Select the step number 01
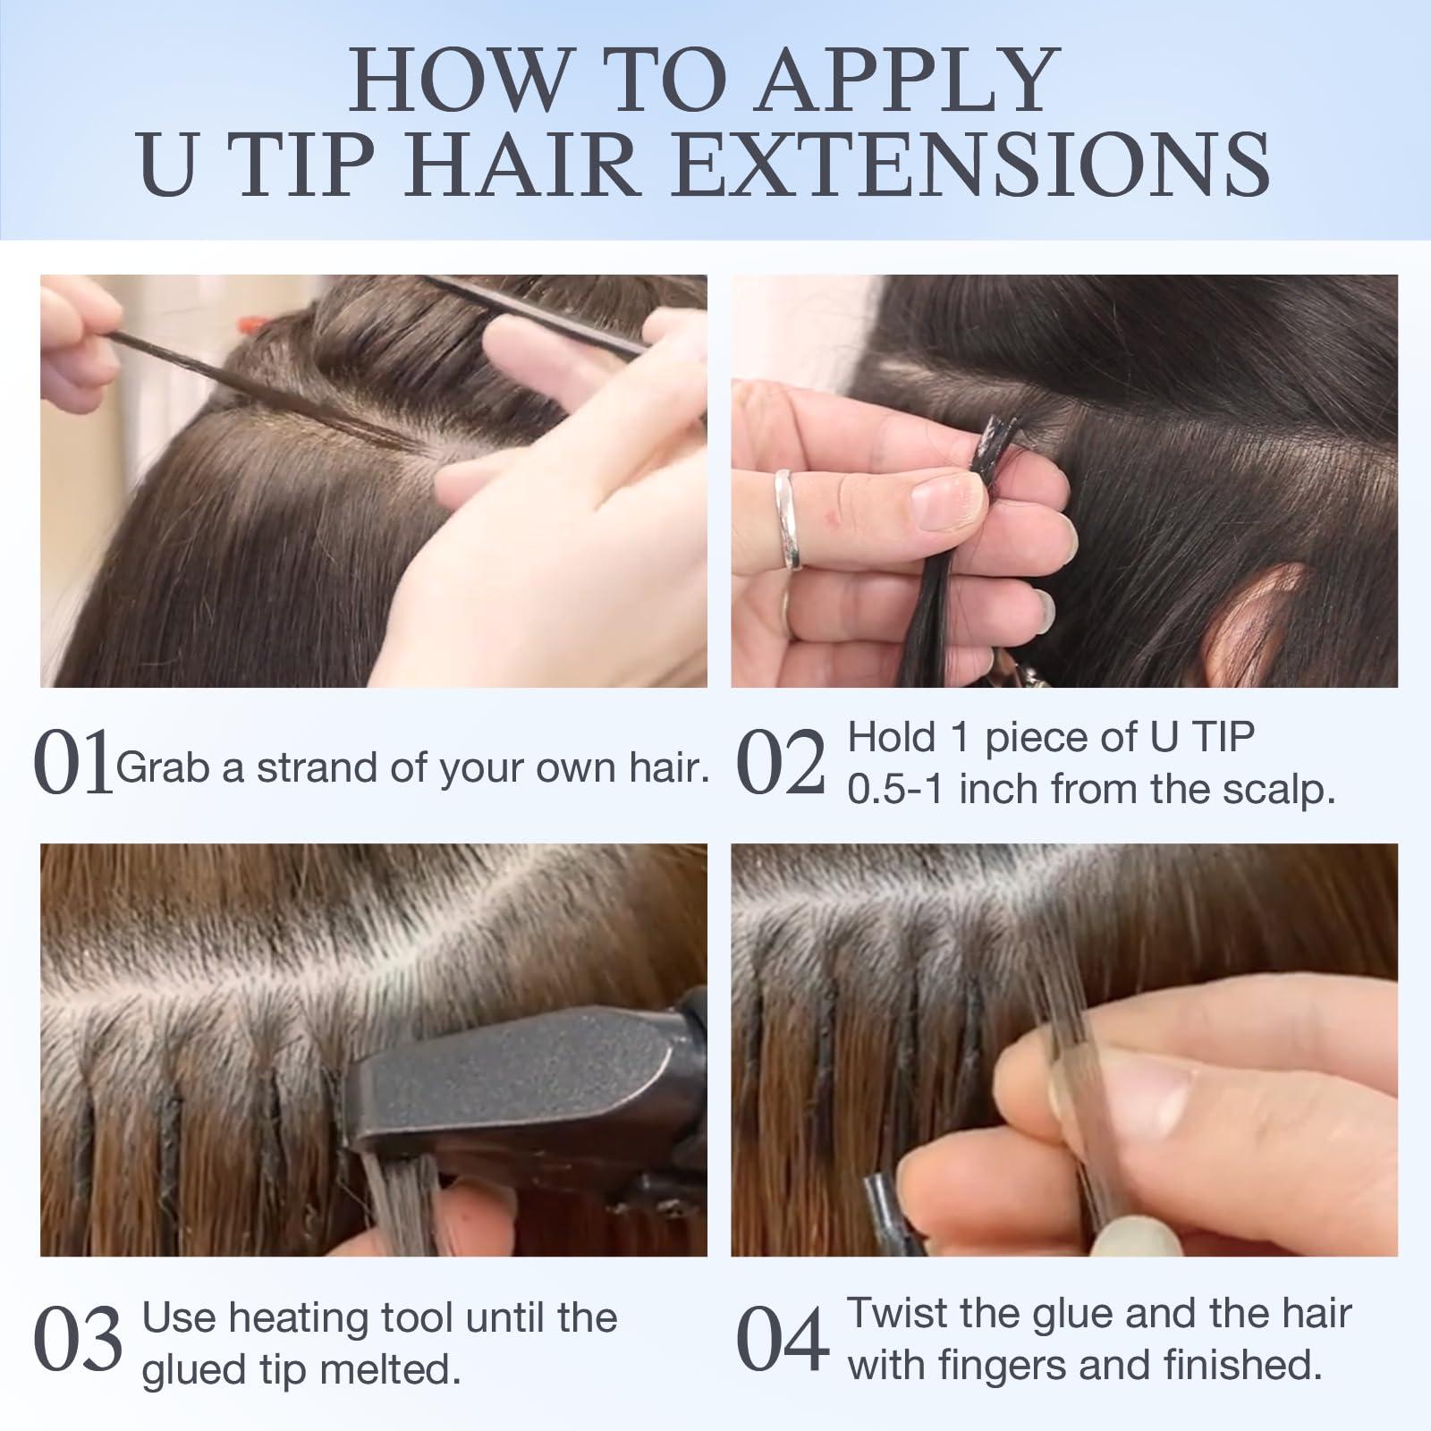(73, 765)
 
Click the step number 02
(780, 765)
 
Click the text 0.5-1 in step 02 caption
(896, 790)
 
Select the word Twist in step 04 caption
(899, 1314)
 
